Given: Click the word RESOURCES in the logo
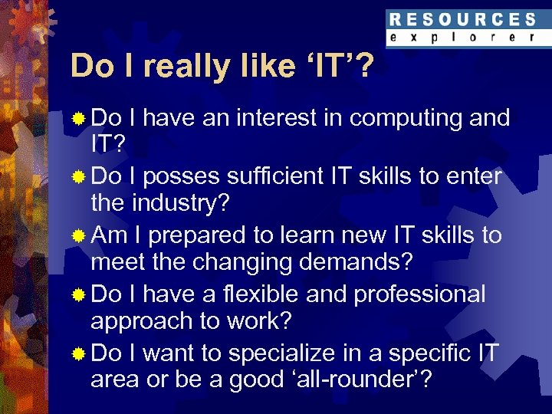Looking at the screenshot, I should [x=462, y=19].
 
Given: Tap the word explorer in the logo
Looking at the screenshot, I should [x=462, y=37].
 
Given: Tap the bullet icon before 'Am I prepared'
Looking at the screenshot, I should [x=78, y=236].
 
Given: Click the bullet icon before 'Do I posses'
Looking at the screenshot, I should [x=78, y=177].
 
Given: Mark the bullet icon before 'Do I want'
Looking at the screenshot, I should [x=78, y=354].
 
